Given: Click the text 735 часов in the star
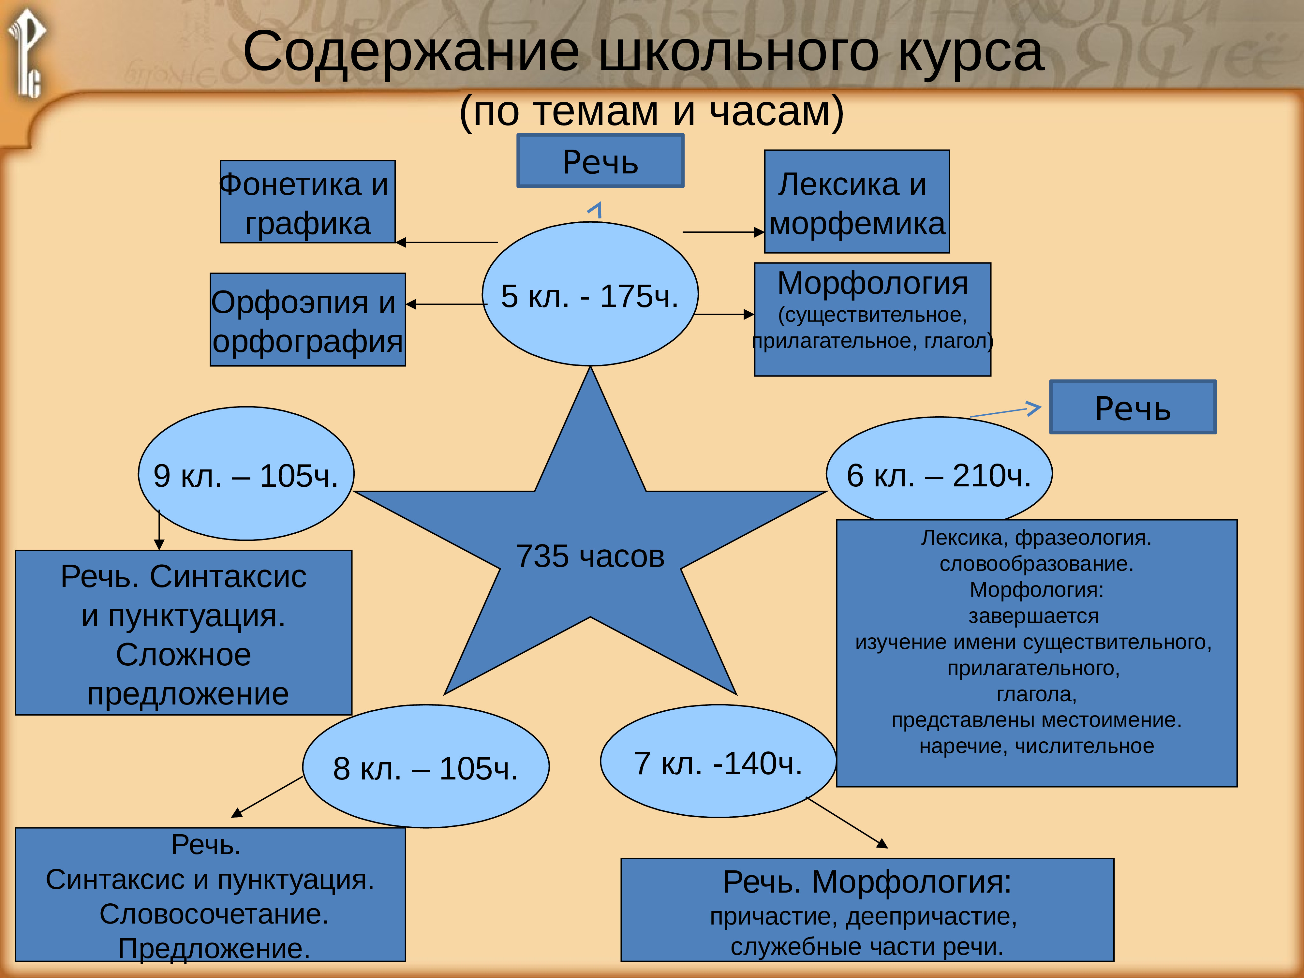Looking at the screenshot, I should click(x=590, y=556).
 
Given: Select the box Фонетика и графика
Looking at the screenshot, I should click(x=307, y=201).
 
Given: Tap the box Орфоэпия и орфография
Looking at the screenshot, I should click(x=307, y=320).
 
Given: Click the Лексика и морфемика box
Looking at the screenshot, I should click(x=856, y=201).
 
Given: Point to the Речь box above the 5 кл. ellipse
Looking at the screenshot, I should click(x=600, y=161).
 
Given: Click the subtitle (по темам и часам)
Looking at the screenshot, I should click(x=651, y=111).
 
